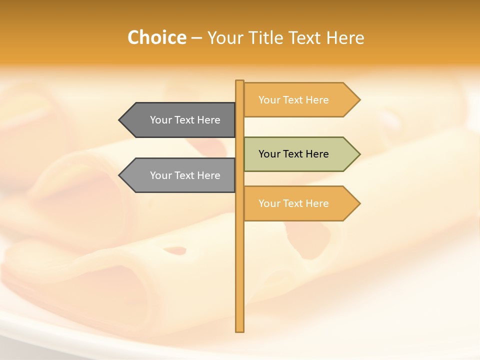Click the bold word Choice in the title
(156, 37)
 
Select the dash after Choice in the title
(196, 38)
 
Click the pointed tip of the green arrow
(359, 154)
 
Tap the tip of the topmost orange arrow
(359, 100)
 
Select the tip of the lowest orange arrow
(359, 203)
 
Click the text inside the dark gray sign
(185, 120)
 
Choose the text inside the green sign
(293, 154)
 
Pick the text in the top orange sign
(293, 100)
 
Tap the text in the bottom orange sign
(293, 203)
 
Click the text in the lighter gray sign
(185, 175)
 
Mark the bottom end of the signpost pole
(240, 330)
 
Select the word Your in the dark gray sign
(160, 120)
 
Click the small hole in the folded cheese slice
(175, 250)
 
